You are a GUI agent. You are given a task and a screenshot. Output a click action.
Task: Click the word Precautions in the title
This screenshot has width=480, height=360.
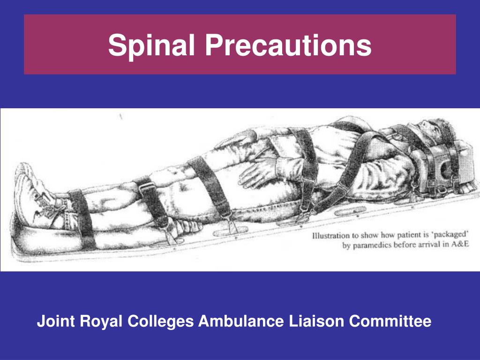287,45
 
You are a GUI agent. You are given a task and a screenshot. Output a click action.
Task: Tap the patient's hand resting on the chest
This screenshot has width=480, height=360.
244,139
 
